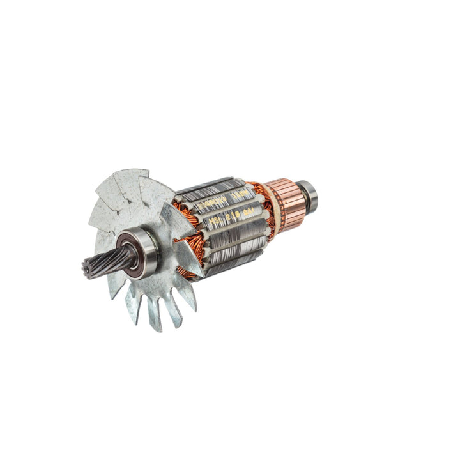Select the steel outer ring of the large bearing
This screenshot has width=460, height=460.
(152, 252)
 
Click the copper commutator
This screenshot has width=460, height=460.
(287, 204)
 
